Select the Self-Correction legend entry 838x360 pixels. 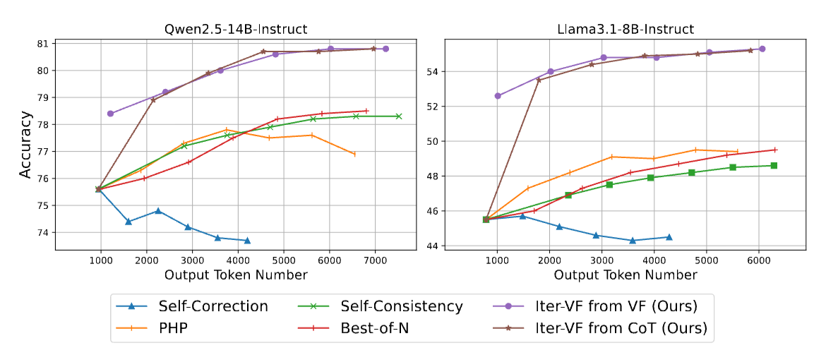[x=213, y=306]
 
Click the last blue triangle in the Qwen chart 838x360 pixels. [x=246, y=241]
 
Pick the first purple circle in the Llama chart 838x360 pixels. [x=498, y=95]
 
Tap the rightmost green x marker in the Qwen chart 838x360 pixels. [x=398, y=116]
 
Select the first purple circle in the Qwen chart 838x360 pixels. [x=110, y=113]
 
